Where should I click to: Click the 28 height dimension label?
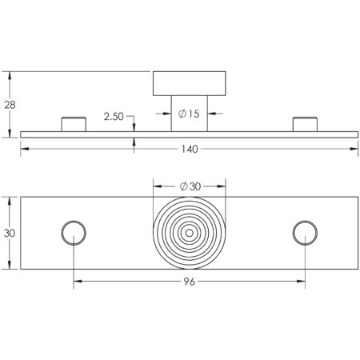10,105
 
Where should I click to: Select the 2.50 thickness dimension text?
114,117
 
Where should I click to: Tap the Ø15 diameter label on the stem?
189,114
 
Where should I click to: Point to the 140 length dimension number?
190,149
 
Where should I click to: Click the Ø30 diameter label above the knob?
190,186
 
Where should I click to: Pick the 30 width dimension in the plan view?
10,234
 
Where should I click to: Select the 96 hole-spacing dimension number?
190,282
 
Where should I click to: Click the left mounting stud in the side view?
74,124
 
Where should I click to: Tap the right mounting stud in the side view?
305,124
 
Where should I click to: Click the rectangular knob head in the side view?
190,83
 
